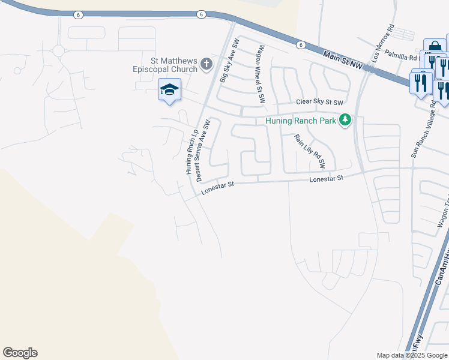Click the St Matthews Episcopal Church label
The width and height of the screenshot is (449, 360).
click(165, 65)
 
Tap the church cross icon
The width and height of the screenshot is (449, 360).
click(206, 64)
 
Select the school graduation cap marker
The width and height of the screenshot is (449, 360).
click(170, 89)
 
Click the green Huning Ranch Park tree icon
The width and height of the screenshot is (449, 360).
click(345, 121)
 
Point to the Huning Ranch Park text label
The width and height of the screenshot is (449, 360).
click(301, 121)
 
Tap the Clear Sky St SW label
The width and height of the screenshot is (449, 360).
click(322, 103)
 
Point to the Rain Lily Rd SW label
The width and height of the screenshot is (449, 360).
click(309, 151)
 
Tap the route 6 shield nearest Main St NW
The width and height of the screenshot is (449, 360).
click(300, 44)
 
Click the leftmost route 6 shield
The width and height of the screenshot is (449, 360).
click(78, 14)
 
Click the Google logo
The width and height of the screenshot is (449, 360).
click(20, 353)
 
